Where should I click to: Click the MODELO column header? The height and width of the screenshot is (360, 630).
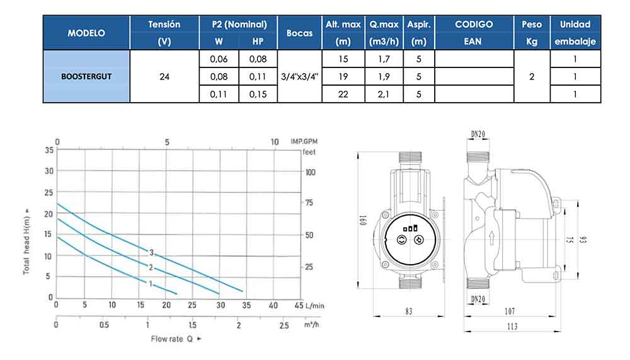pyautogui.click(x=86, y=33)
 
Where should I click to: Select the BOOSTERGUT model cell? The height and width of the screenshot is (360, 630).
pyautogui.click(x=86, y=76)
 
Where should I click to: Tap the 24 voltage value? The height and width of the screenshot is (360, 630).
pyautogui.click(x=164, y=76)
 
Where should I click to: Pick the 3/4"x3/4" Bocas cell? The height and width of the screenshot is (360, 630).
pyautogui.click(x=299, y=76)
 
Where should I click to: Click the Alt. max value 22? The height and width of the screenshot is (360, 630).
pyautogui.click(x=343, y=94)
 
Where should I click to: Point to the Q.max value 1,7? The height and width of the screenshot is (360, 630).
pyautogui.click(x=384, y=59)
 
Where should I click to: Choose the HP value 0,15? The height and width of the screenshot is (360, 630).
pyautogui.click(x=258, y=94)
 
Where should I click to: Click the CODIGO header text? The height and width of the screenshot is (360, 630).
pyautogui.click(x=474, y=25)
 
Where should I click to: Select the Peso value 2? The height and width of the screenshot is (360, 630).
pyautogui.click(x=532, y=76)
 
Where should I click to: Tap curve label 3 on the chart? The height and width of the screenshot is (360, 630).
pyautogui.click(x=151, y=253)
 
